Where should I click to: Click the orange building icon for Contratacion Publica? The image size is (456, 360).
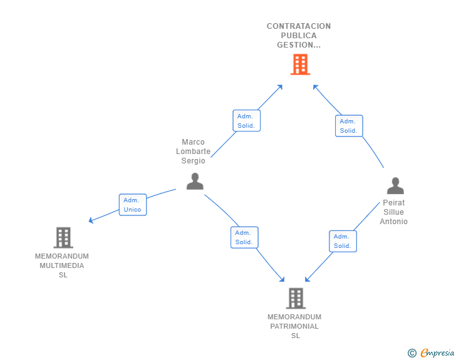300,64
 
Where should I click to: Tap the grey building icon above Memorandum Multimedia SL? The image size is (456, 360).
63,238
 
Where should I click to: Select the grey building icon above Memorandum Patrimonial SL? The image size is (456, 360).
296,299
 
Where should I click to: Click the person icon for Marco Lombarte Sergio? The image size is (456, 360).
195,181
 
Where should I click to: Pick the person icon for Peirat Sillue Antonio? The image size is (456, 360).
395,186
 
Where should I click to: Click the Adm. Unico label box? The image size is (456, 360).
133,205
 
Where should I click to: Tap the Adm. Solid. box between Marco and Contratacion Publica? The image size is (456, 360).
246,121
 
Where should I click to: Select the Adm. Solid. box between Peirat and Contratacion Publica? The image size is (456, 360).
349,126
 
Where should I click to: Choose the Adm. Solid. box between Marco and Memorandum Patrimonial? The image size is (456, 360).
244,237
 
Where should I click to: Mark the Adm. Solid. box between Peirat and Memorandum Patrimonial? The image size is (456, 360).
343,241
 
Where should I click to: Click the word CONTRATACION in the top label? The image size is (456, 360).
299,26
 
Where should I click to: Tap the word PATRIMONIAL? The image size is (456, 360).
294,326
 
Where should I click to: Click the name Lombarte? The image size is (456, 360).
194,152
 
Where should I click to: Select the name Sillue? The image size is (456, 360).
394,212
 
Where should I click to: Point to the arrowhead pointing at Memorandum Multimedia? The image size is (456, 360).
91,220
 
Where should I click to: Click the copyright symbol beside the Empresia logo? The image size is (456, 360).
412,353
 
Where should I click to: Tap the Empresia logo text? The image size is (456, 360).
437,353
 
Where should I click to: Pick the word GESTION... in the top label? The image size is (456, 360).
299,45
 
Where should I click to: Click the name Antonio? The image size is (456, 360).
394,222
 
